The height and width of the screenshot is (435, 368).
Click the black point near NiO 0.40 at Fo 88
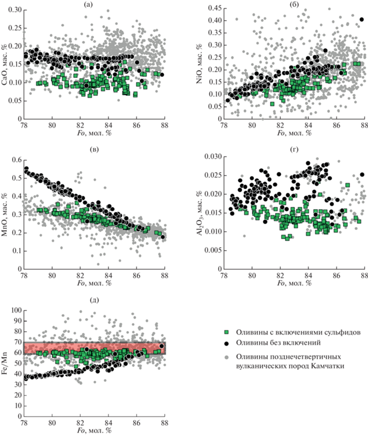coord(362,20)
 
